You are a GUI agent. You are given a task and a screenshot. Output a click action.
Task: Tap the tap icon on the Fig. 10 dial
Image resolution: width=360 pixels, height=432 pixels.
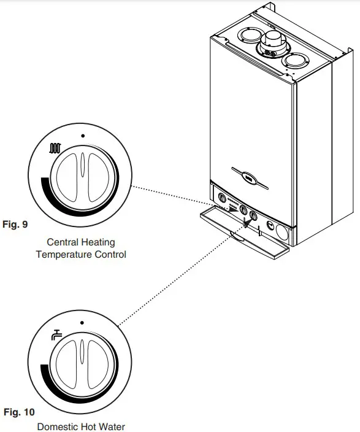pyautogui.click(x=56, y=336)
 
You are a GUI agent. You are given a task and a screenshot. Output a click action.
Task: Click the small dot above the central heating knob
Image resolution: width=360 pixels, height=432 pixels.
pyautogui.click(x=83, y=134)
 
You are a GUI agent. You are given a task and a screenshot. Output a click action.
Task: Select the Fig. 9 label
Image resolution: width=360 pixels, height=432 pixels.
pyautogui.click(x=16, y=225)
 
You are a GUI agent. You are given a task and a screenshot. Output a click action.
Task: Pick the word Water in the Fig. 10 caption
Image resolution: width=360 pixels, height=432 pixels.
pyautogui.click(x=114, y=426)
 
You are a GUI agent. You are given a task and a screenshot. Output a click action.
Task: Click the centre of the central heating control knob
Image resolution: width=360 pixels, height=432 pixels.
pyautogui.click(x=83, y=179)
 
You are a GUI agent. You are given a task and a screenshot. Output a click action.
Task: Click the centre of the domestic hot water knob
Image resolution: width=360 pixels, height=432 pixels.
pyautogui.click(x=83, y=366)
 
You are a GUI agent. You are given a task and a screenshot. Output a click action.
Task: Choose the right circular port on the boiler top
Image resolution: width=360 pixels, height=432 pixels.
pyautogui.click(x=295, y=61)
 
